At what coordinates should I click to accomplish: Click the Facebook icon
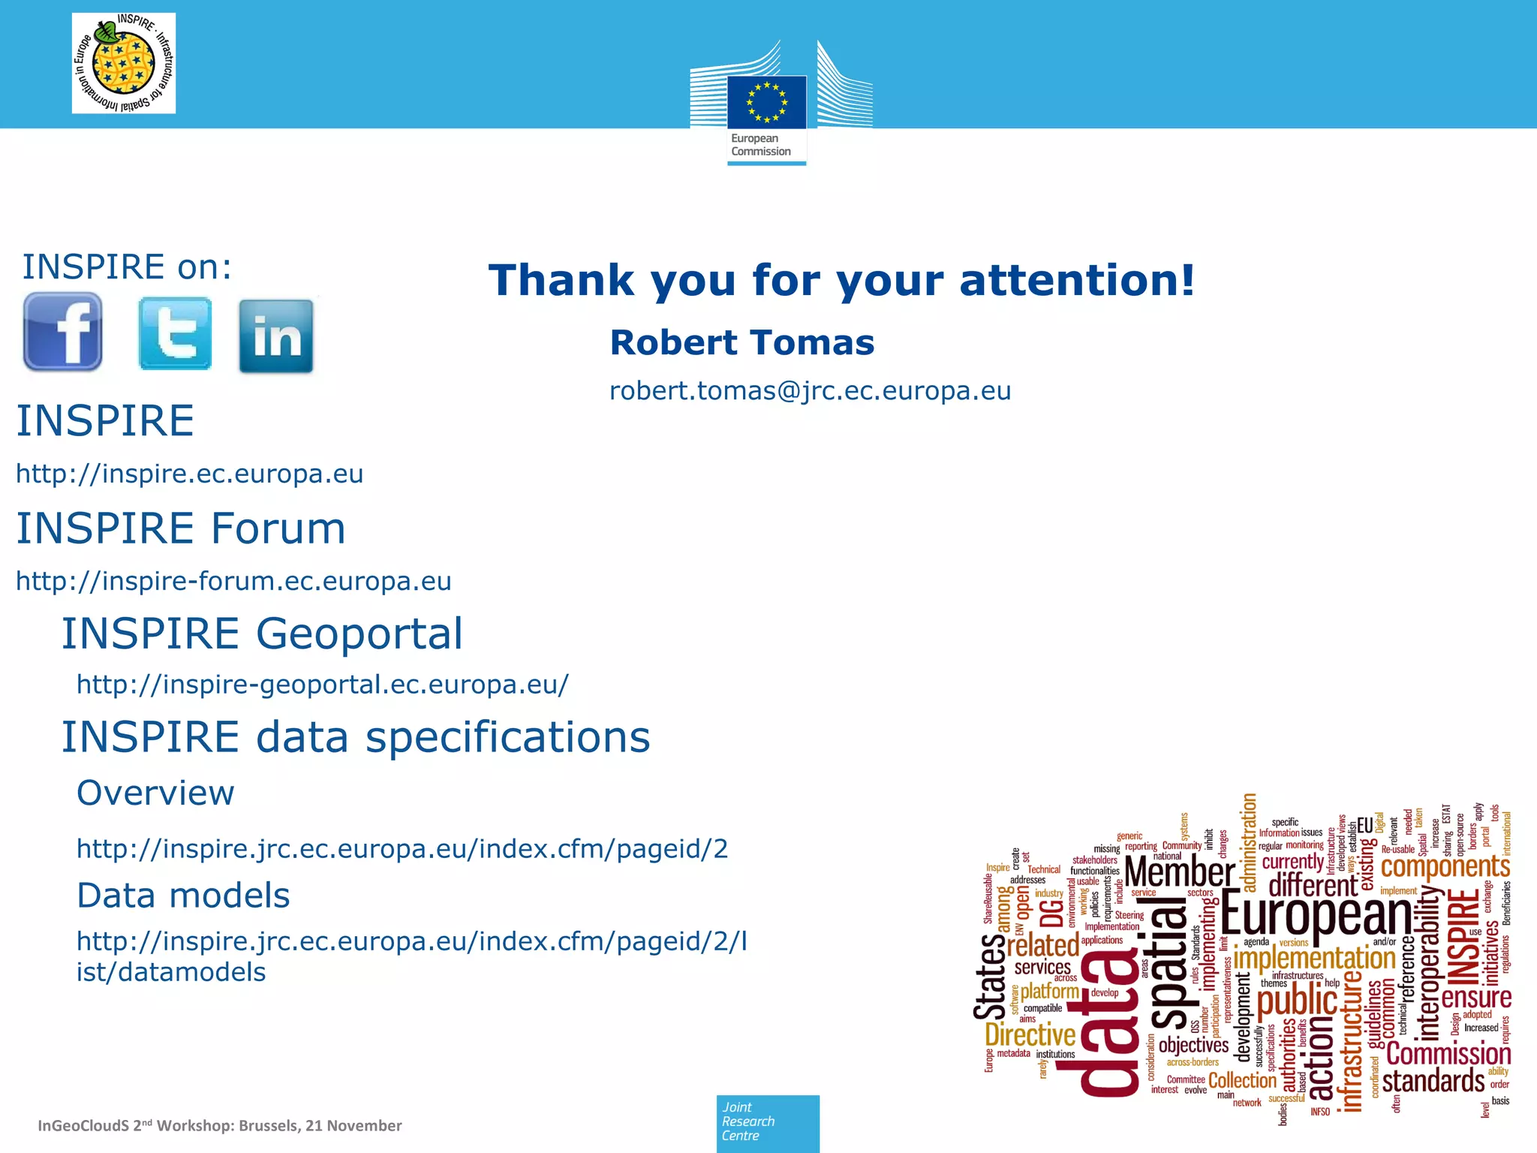(63, 332)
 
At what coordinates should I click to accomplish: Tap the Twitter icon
(175, 334)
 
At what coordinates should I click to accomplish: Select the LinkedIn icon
(276, 336)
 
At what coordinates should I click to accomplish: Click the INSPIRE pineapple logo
(124, 64)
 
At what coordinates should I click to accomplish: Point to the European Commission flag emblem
(766, 103)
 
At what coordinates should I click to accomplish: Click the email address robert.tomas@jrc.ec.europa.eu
(810, 391)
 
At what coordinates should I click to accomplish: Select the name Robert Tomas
(741, 343)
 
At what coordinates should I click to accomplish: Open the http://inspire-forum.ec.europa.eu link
(233, 582)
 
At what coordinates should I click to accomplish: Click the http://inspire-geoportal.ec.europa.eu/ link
(323, 685)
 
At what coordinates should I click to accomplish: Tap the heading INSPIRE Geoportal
(262, 634)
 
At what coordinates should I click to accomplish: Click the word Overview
(155, 793)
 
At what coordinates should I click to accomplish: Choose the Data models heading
(183, 896)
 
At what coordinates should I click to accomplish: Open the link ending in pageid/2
(402, 849)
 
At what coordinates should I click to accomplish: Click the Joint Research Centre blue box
(768, 1122)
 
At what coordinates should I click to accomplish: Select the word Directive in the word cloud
(1030, 1036)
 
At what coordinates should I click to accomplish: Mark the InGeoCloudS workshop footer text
(220, 1125)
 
